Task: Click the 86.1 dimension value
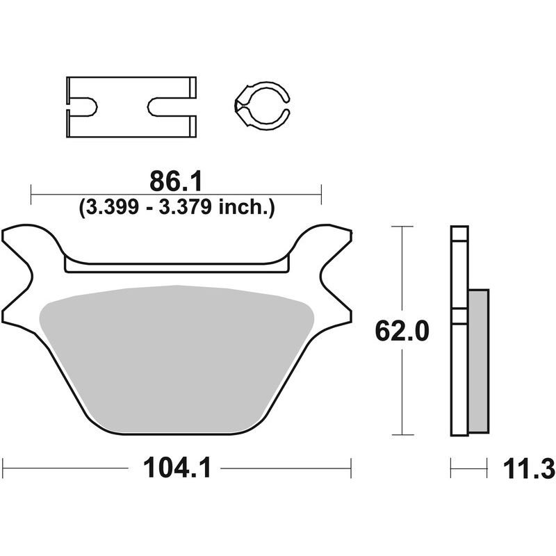pos(176,182)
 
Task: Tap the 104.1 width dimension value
pos(177,470)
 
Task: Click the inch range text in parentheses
pos(177,207)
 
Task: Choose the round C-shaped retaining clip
pos(263,106)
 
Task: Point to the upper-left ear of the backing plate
pos(28,240)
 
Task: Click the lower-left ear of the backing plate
pos(21,306)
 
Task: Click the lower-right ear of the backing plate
pos(334,306)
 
